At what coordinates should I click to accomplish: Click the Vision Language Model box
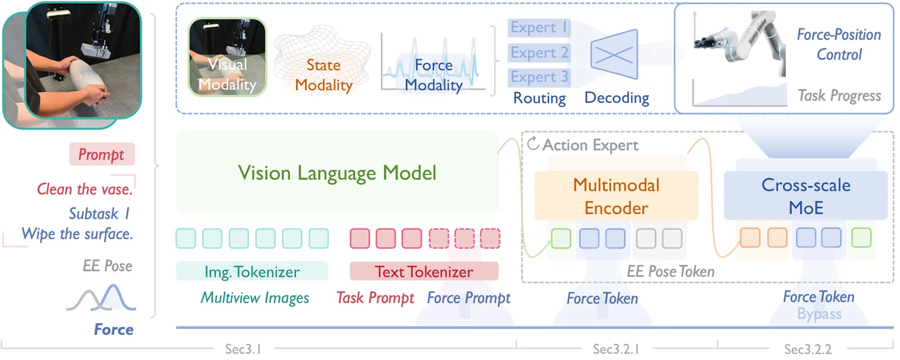pyautogui.click(x=337, y=173)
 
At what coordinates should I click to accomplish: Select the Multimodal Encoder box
pyautogui.click(x=616, y=196)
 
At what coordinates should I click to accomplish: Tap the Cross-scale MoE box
pyautogui.click(x=806, y=196)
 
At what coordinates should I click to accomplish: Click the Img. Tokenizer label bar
pyautogui.click(x=252, y=271)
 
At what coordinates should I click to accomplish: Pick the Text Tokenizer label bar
pyautogui.click(x=423, y=271)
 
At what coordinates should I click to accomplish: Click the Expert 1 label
pyautogui.click(x=539, y=28)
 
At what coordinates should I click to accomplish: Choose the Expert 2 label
pyautogui.click(x=539, y=53)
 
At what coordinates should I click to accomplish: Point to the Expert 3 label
pyautogui.click(x=539, y=77)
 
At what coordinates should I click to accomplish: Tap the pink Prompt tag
pyautogui.click(x=102, y=154)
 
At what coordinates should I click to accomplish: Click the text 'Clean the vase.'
pyautogui.click(x=84, y=190)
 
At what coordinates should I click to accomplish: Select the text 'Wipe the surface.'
pyautogui.click(x=77, y=234)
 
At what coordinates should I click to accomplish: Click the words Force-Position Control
pyautogui.click(x=839, y=44)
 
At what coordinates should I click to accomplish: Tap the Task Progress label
pyautogui.click(x=840, y=96)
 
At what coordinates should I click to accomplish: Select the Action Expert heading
pyautogui.click(x=590, y=145)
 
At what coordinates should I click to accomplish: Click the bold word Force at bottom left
pyautogui.click(x=114, y=330)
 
